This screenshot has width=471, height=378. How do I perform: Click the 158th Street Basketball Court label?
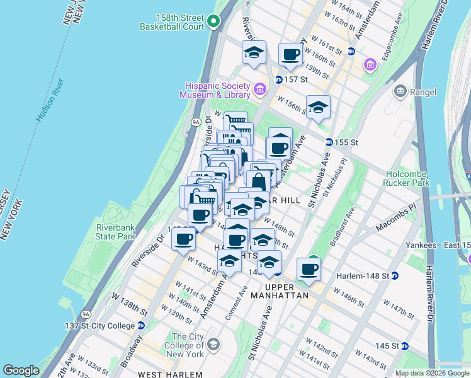[172, 22]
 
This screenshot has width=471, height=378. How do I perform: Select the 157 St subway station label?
[295, 80]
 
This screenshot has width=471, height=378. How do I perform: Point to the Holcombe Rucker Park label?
[406, 179]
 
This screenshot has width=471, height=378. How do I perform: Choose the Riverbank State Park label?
[116, 232]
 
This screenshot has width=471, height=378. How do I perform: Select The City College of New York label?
[187, 346]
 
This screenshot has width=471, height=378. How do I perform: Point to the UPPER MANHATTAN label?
[279, 295]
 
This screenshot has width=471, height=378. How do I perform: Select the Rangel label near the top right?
[423, 92]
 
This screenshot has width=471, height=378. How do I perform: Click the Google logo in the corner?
[21, 370]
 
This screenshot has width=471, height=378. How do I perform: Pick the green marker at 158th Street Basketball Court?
[213, 22]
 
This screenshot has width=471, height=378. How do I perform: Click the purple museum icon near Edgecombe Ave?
[370, 64]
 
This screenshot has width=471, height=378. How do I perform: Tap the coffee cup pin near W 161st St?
[290, 55]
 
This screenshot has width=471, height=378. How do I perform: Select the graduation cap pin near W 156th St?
[318, 107]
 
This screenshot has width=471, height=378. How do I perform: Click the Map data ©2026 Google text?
[432, 373]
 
